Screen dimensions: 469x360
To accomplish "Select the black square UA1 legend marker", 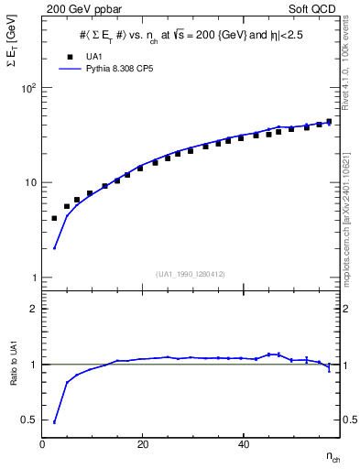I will [67, 56].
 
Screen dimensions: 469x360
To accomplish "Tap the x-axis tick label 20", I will [142, 444].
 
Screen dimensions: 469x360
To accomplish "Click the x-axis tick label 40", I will [242, 444].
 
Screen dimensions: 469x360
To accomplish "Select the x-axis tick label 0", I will [43, 444].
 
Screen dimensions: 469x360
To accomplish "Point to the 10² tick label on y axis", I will [28, 88].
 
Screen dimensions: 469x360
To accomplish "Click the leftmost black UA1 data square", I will [54, 218].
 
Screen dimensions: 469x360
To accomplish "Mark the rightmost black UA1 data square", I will [329, 121].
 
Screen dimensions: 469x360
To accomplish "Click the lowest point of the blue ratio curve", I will [54, 422].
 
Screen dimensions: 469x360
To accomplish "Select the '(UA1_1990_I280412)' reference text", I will [191, 274].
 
